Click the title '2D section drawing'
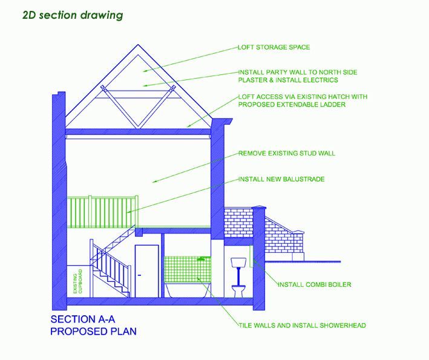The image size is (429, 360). [x=73, y=15]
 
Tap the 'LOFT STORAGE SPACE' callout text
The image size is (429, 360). [x=274, y=47]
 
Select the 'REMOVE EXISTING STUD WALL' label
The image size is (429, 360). [x=287, y=153]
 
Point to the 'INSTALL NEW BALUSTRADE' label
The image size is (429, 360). [x=281, y=179]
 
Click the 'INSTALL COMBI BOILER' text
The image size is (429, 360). [x=315, y=284]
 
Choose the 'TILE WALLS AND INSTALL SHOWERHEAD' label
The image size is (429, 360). [x=303, y=326]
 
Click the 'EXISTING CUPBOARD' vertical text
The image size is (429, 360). [x=77, y=281]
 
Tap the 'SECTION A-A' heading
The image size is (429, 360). [x=83, y=319]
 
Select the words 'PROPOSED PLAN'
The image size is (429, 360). [x=94, y=332]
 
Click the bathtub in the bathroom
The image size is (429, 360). [x=188, y=290]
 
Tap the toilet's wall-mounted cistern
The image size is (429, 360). [x=238, y=263]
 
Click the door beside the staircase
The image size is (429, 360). [x=147, y=271]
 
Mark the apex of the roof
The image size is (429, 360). [x=138, y=45]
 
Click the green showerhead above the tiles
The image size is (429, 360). [x=201, y=258]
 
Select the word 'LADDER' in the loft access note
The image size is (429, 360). [x=332, y=105]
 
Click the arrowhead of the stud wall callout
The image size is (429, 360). [x=155, y=181]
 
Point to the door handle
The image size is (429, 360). [x=139, y=275]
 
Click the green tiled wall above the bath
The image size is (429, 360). [x=188, y=269]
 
